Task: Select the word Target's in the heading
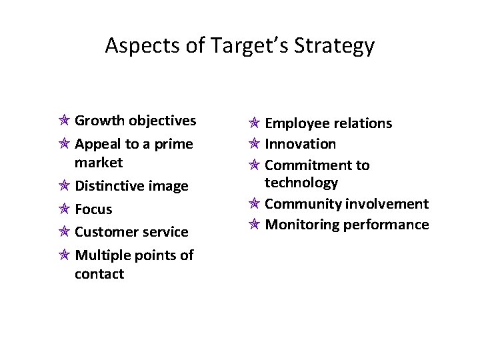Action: (242, 46)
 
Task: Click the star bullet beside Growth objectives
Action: (65, 121)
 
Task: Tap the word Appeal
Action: (97, 144)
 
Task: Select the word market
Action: (99, 162)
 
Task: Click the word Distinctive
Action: (109, 185)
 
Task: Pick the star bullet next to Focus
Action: (65, 209)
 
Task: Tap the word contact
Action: (99, 274)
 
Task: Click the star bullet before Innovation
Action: (255, 144)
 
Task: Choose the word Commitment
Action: (308, 165)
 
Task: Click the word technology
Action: (301, 182)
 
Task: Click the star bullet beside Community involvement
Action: (255, 204)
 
